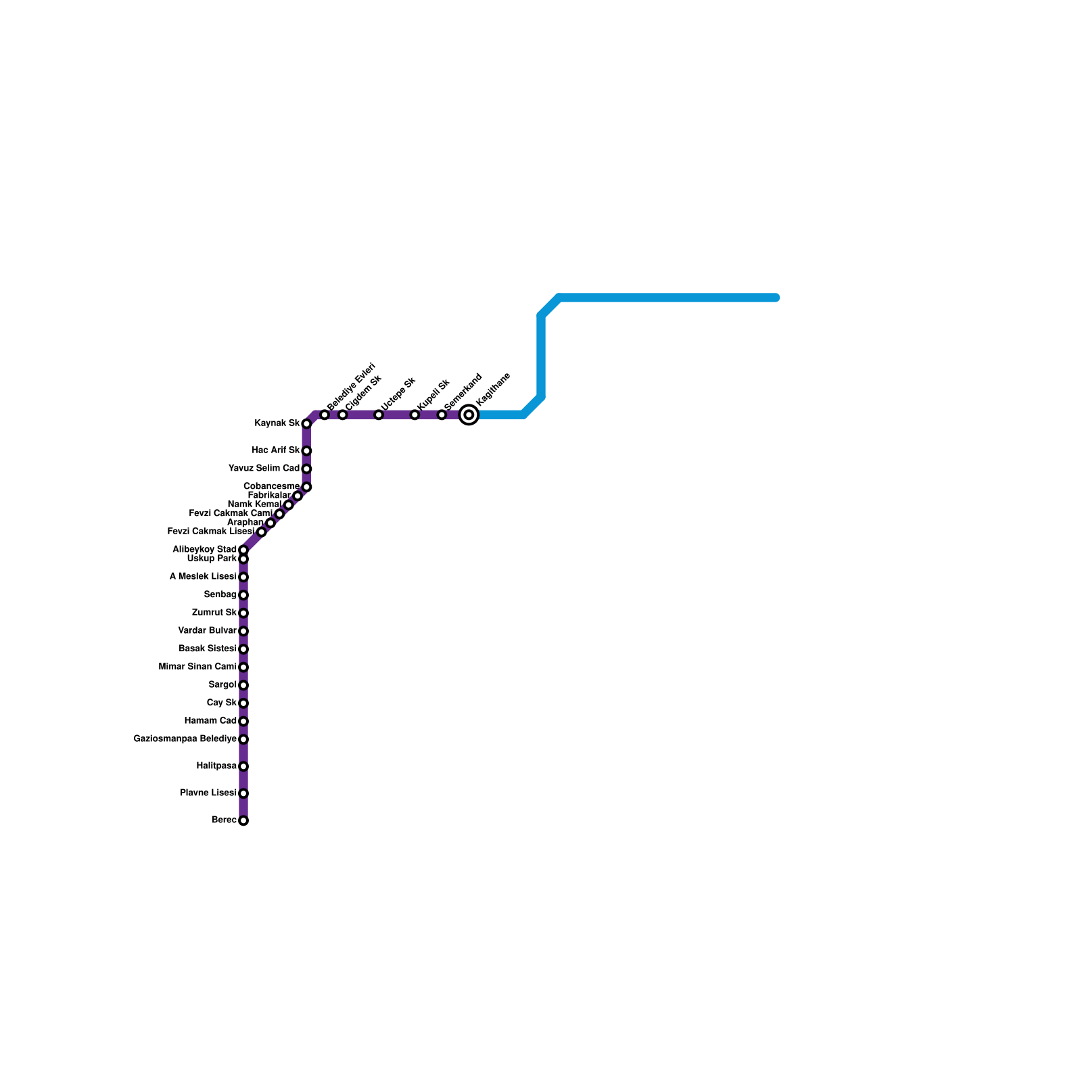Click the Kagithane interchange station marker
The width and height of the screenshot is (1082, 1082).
[x=469, y=415]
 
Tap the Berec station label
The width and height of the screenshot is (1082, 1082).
[x=224, y=820]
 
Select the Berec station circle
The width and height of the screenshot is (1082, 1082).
[x=243, y=821]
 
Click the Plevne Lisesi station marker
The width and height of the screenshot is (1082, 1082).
[x=243, y=793]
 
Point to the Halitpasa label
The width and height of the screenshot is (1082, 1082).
[x=216, y=766]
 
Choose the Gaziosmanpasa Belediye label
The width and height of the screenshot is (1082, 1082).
[x=185, y=739]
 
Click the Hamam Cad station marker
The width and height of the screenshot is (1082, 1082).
[x=243, y=722]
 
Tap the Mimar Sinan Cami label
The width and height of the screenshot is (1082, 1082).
[x=197, y=667]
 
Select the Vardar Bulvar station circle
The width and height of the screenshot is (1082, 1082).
[x=243, y=631]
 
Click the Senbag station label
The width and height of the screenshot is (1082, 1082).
[x=220, y=595]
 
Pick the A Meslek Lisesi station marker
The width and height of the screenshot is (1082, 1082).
[x=243, y=577]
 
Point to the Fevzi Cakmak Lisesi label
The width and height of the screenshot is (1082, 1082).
[x=210, y=532]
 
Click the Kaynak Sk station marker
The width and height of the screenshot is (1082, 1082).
[x=306, y=424]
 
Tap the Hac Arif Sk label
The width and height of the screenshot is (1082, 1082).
[x=275, y=450]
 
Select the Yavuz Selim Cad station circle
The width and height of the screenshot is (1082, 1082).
[x=306, y=469]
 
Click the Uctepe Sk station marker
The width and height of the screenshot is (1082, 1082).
[x=379, y=415]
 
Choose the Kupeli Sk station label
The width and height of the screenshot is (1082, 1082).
[x=433, y=394]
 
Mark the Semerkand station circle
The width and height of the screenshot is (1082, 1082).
[x=442, y=415]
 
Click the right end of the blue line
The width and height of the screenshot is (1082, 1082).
[x=776, y=298]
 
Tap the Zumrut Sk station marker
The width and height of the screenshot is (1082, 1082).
[x=243, y=613]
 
